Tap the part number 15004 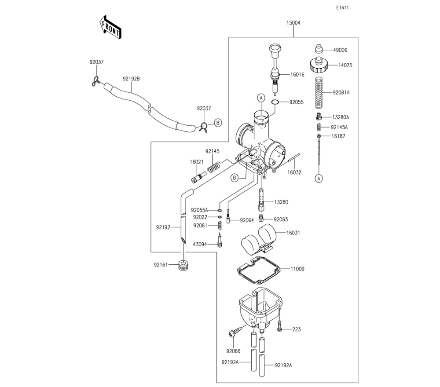(x=293, y=22)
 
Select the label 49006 (x=340, y=50)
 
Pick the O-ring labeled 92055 (x=275, y=102)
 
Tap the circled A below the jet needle (x=319, y=178)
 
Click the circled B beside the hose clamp (x=218, y=123)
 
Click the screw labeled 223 (x=279, y=328)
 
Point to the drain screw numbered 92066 (x=234, y=333)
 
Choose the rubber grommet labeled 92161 (x=183, y=266)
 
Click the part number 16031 (x=293, y=233)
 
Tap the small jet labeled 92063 (x=261, y=219)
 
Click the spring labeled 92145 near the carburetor (x=213, y=167)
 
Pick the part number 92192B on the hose (x=131, y=79)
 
